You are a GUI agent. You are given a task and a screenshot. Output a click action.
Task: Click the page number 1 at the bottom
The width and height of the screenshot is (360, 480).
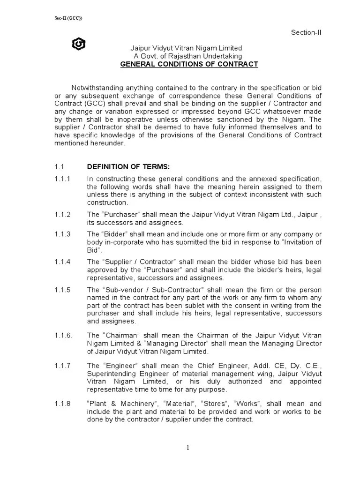pyautogui.click(x=187, y=448)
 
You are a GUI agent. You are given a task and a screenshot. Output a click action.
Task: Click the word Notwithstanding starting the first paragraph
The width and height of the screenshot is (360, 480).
pyautogui.click(x=99, y=89)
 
